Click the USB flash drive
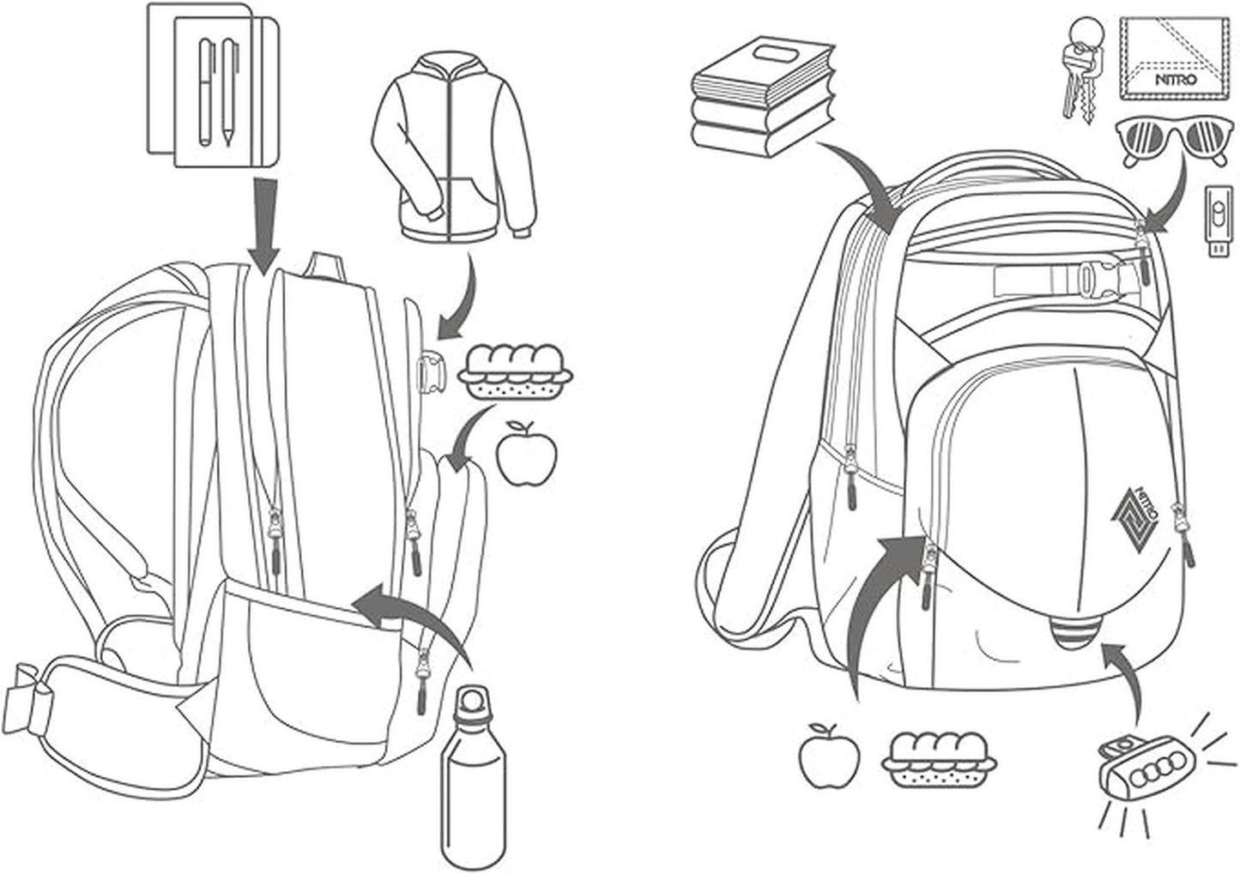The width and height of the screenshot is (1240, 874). [x=1218, y=220]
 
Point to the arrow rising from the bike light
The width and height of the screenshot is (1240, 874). [x=1124, y=678]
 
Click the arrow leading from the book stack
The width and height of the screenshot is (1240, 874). [x=862, y=180]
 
